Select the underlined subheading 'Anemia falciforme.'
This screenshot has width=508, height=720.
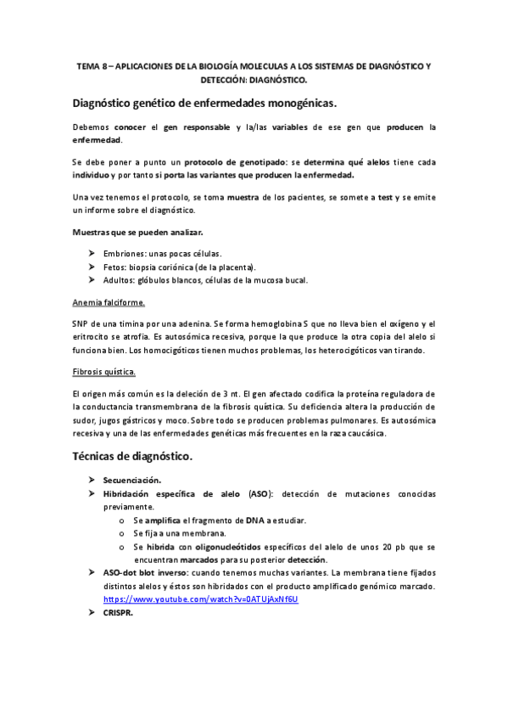pyautogui.click(x=109, y=302)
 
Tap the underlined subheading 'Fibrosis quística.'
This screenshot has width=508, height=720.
pyautogui.click(x=104, y=372)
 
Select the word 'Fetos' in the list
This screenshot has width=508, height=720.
pyautogui.click(x=115, y=267)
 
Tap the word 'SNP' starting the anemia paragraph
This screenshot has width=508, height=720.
pyautogui.click(x=81, y=323)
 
